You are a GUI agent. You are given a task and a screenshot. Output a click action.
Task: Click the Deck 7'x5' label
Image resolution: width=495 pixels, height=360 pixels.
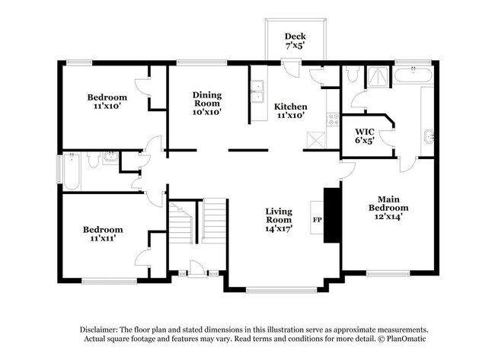coord(294,40)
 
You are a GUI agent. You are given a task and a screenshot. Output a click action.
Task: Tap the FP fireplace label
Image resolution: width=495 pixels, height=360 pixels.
coord(316,221)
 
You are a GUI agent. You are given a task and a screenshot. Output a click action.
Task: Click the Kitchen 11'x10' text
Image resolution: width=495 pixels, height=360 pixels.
coord(290,111)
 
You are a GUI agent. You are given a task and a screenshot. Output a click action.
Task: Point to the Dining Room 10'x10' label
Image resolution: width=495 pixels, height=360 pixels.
coord(206,103)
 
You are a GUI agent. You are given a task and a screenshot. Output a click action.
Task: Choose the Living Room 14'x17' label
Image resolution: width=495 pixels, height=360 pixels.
coord(279,218)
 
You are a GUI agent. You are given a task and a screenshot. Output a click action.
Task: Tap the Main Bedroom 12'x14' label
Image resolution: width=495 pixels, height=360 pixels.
coord(388,207)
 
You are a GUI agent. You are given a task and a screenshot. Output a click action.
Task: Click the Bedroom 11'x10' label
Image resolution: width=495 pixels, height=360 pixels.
coord(107,102)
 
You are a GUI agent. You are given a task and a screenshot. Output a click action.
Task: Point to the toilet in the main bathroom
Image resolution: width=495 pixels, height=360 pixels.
coord(352,75)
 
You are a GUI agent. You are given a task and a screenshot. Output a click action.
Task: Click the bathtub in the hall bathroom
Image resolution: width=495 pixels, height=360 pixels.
coord(70,171)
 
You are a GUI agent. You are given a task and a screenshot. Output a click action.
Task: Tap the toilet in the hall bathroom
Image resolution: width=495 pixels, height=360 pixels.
coord(91,158)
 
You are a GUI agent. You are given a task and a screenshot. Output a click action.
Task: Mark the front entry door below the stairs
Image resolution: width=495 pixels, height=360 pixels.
coord(196,269)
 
